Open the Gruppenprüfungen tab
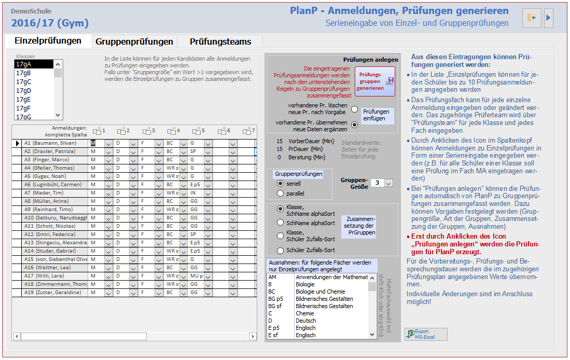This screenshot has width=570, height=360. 134,41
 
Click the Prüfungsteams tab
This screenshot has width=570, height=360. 220,41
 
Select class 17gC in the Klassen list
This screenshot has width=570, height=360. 23,82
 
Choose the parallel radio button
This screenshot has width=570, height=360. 281,193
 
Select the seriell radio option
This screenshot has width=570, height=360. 281,184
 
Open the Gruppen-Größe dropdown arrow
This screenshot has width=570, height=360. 388,183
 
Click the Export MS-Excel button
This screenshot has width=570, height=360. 426,334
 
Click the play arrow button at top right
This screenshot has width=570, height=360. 548,18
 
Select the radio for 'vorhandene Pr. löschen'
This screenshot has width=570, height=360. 355,109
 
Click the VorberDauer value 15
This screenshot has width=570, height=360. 280,141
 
